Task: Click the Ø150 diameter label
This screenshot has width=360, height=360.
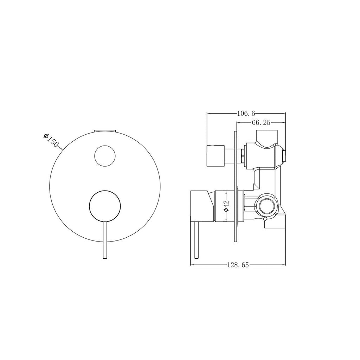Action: [51, 141]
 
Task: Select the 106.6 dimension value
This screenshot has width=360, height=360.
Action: [246, 113]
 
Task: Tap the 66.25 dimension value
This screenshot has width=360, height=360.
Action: [261, 122]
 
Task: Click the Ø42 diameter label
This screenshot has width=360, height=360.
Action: [226, 206]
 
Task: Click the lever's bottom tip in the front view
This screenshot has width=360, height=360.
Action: [104, 258]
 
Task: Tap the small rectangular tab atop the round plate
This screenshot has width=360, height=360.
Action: [105, 130]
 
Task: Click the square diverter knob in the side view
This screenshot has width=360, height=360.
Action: [216, 155]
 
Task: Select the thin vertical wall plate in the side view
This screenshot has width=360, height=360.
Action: [235, 186]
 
